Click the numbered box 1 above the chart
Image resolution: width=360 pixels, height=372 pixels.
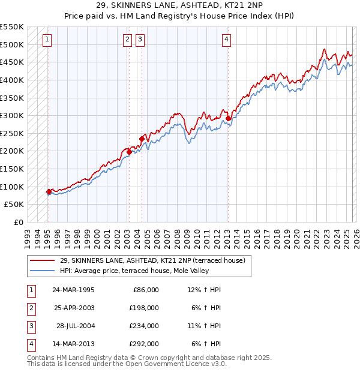tap(47, 40)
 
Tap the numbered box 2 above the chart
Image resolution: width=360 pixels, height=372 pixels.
tap(128, 40)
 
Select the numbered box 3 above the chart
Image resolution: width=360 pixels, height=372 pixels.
tap(140, 40)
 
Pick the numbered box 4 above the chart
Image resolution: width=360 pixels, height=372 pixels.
tap(227, 40)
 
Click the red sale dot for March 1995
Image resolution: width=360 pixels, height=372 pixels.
tap(49, 191)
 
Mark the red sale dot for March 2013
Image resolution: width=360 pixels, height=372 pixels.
tap(228, 119)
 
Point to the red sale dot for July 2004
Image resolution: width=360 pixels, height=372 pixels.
tap(142, 139)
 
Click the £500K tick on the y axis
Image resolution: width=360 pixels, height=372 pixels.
tap(12, 44)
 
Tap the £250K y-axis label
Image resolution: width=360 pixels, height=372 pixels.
tap(12, 133)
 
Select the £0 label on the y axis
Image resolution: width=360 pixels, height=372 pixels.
tap(18, 222)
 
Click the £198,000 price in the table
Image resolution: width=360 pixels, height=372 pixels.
tap(145, 308)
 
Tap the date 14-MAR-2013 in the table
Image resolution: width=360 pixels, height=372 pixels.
tap(73, 344)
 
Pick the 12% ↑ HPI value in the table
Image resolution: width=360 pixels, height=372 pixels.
tap(204, 290)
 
